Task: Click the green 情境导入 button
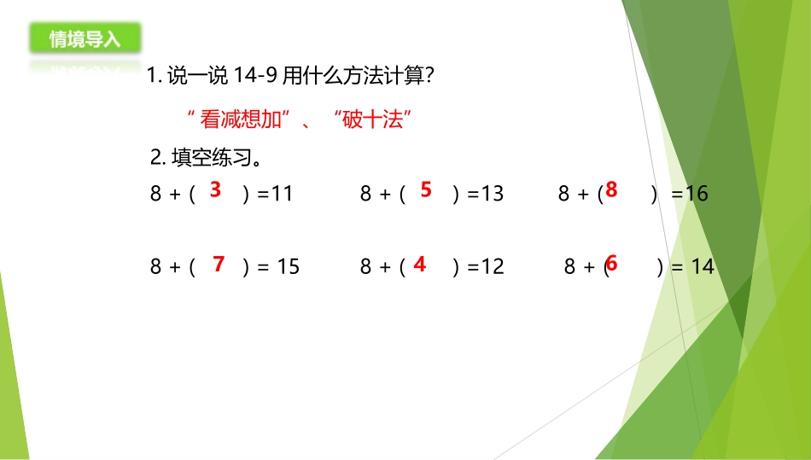pos(85,38)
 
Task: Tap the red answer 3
pos(215,189)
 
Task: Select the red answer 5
pos(426,189)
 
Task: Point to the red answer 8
pos(611,189)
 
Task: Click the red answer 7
pos(219,265)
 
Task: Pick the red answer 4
pos(419,265)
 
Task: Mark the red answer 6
pos(611,265)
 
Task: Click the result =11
pos(276,194)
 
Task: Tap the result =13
pos(486,194)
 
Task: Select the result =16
pos(691,194)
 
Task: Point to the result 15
pos(289,267)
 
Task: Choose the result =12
pos(486,267)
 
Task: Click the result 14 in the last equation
pos(703,267)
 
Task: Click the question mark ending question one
pos(430,76)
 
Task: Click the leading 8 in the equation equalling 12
pos(365,267)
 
